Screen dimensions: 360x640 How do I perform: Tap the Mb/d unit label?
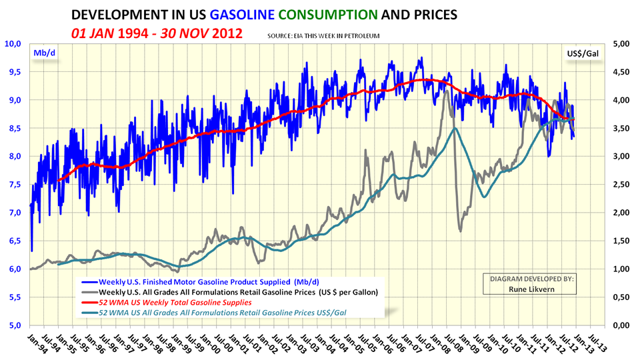[x=43, y=51]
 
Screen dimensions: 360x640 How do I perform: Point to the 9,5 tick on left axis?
[x=15, y=72]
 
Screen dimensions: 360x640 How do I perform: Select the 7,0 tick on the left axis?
[x=15, y=213]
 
